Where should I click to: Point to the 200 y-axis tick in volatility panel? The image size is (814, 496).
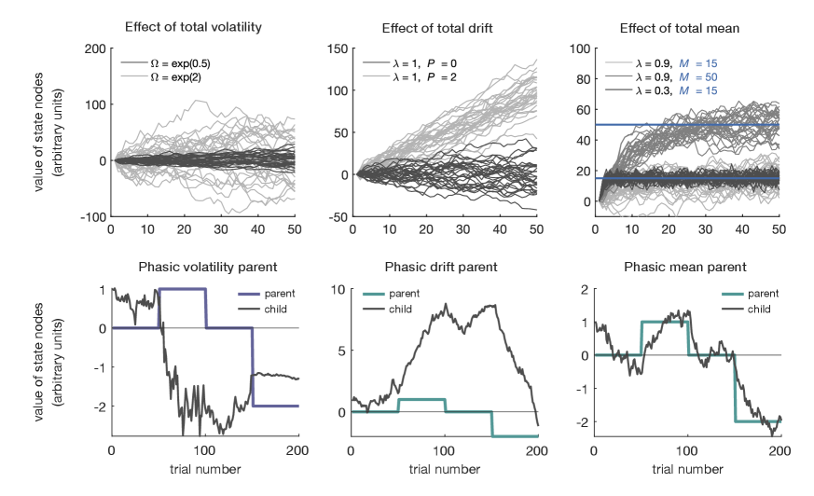click(x=94, y=48)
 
